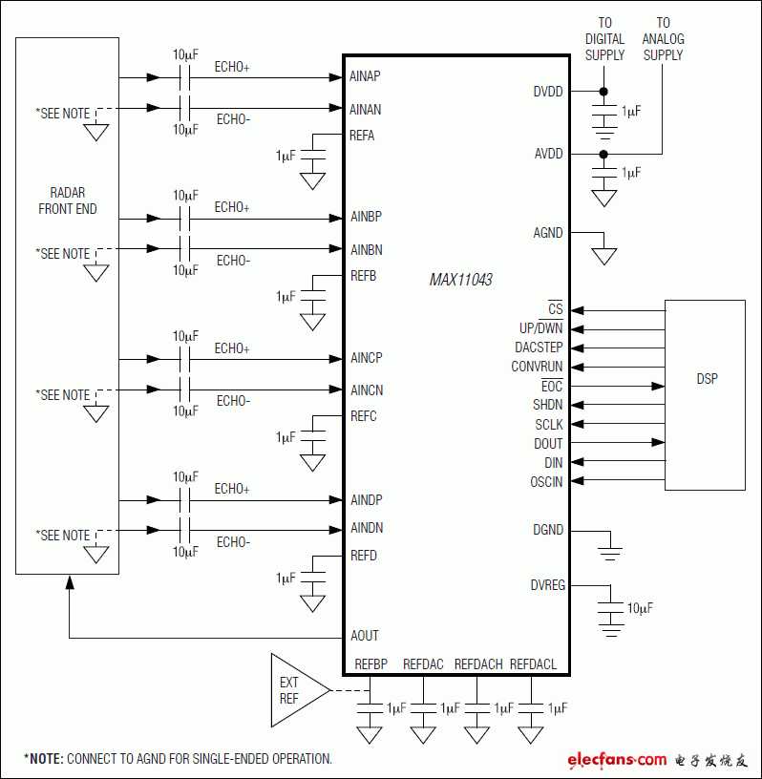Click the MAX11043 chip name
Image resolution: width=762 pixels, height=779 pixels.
[461, 280]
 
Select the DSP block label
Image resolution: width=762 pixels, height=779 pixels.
[707, 379]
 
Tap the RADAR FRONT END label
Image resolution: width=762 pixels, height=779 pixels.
[68, 200]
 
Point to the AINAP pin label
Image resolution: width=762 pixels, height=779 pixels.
[365, 76]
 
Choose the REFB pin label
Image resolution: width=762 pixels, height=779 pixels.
[364, 276]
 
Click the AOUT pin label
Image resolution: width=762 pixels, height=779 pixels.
[365, 636]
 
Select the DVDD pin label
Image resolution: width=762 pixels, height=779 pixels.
[548, 92]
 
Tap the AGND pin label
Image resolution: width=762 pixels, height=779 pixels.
[548, 233]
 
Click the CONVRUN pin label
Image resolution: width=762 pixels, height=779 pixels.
[537, 367]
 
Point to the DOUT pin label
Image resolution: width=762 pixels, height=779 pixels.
[548, 444]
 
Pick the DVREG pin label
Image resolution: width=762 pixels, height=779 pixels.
[548, 585]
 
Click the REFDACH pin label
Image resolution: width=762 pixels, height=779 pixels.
[478, 664]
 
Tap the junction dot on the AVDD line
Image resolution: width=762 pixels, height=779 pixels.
[603, 154]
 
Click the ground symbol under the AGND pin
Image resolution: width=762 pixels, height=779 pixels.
[603, 257]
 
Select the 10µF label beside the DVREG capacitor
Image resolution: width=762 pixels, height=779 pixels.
[640, 608]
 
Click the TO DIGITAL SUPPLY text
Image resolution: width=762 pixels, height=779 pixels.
[604, 39]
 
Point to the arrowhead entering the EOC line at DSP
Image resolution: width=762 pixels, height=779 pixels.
[658, 386]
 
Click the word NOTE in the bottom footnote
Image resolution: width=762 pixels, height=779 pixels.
[47, 759]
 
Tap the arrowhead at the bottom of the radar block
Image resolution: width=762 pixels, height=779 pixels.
[70, 581]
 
